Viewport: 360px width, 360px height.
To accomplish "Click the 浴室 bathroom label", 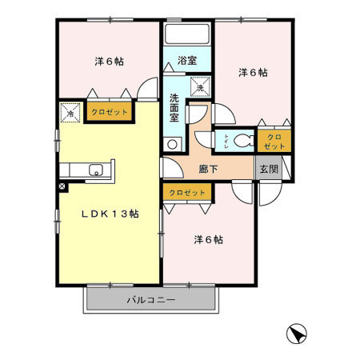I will pyautogui.click(x=187, y=60).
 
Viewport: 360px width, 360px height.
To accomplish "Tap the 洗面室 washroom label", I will pyautogui.click(x=174, y=109).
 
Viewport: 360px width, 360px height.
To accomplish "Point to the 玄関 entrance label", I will pyautogui.click(x=267, y=169).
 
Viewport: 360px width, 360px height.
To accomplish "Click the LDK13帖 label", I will pyautogui.click(x=110, y=214).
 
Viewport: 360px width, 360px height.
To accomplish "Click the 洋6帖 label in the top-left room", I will pyautogui.click(x=108, y=61).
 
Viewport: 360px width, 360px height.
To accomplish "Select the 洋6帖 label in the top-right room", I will pyautogui.click(x=253, y=72).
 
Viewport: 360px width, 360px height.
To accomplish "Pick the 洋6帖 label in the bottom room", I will pyautogui.click(x=208, y=239).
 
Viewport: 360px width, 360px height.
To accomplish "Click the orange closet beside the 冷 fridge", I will pyautogui.click(x=110, y=113).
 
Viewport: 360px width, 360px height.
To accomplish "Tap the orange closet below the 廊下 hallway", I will pyautogui.click(x=187, y=193).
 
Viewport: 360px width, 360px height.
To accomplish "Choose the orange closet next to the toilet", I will pyautogui.click(x=274, y=142).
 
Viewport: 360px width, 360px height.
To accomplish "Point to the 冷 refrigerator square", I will pyautogui.click(x=70, y=114).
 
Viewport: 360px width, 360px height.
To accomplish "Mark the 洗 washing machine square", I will pyautogui.click(x=199, y=86).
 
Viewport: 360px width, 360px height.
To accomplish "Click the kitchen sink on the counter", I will pyautogui.click(x=95, y=170).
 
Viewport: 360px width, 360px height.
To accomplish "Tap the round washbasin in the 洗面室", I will pyautogui.click(x=171, y=145).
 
